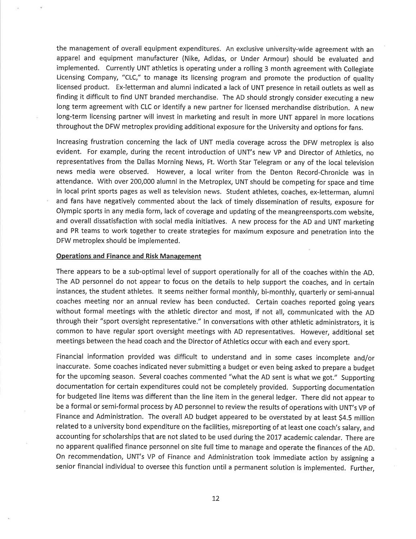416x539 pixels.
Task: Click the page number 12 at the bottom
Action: click(x=216, y=498)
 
